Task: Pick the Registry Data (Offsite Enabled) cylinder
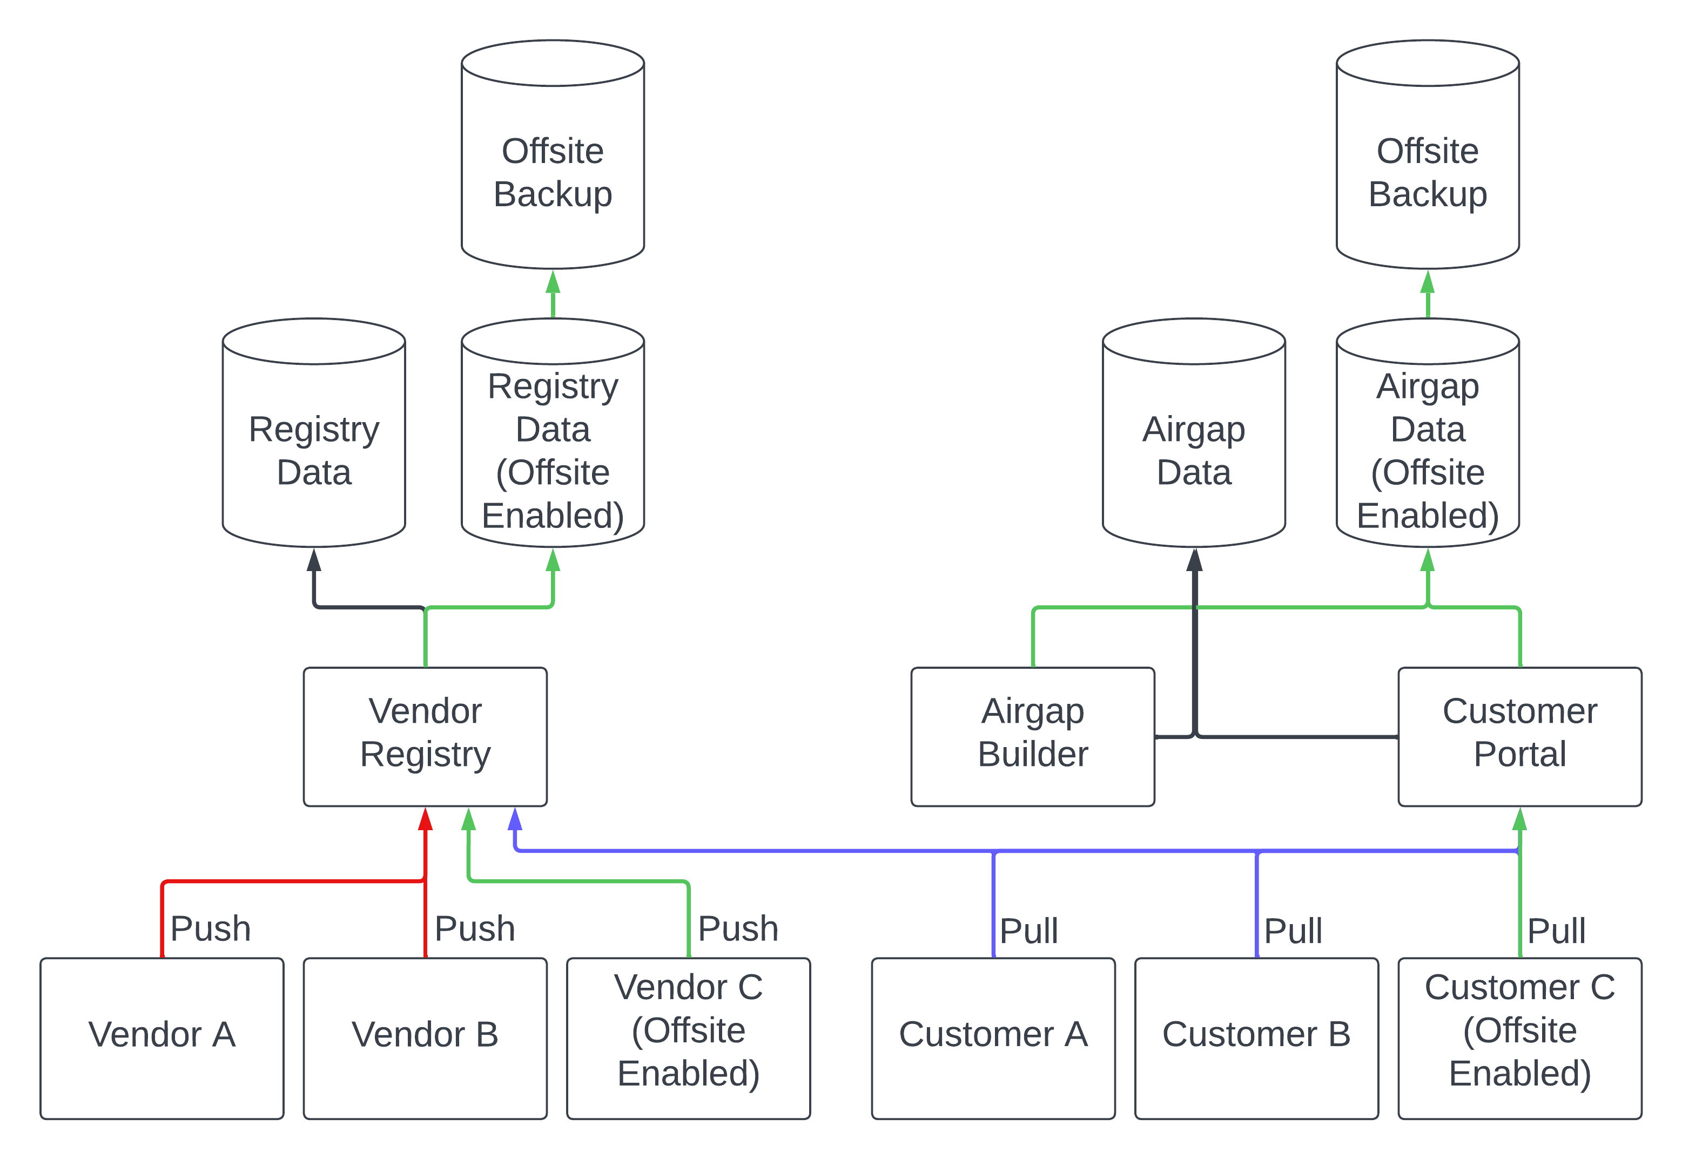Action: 553,451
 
